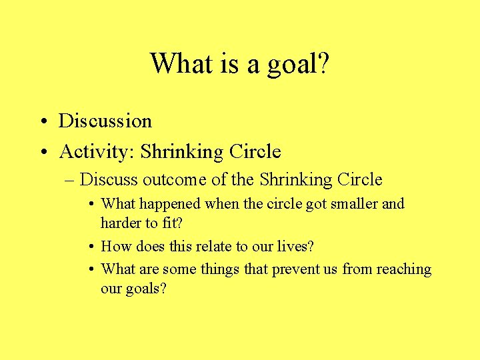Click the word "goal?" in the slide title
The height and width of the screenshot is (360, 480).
click(x=298, y=65)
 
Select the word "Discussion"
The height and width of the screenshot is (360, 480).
click(x=105, y=121)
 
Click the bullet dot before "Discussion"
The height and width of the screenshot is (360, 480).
click(x=42, y=122)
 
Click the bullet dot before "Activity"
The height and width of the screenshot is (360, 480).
click(x=42, y=153)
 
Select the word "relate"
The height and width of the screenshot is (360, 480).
click(x=215, y=246)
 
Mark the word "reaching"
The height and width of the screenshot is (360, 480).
click(x=404, y=270)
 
